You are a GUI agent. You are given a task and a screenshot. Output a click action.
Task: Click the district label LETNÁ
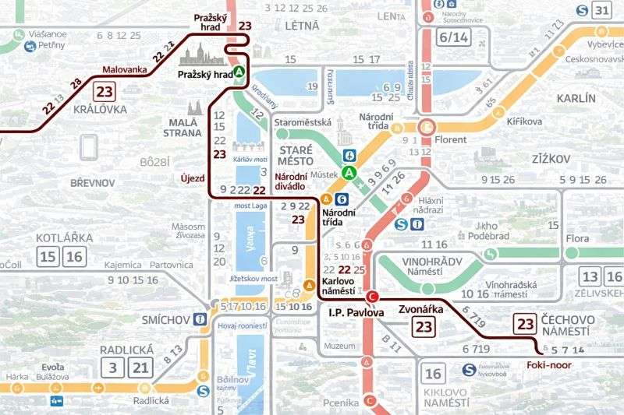[x=302, y=26]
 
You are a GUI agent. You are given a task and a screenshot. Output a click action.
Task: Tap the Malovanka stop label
[x=124, y=70]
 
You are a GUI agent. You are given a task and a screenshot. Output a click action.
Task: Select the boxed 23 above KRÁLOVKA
[x=105, y=91]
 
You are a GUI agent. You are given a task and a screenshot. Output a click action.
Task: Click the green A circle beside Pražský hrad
[x=239, y=72]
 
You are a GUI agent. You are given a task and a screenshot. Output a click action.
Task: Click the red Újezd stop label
[x=192, y=178]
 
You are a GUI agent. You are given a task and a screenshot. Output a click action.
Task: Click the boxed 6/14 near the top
[x=454, y=37]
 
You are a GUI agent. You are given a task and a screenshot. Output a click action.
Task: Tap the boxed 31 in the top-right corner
[x=601, y=10]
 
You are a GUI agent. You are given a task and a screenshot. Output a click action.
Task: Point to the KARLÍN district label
[x=576, y=98]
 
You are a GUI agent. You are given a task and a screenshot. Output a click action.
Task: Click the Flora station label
[x=578, y=238]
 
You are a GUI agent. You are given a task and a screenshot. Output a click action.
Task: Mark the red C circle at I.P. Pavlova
[x=372, y=296]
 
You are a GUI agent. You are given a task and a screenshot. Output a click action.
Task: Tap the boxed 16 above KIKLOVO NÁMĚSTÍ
[x=434, y=373]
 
